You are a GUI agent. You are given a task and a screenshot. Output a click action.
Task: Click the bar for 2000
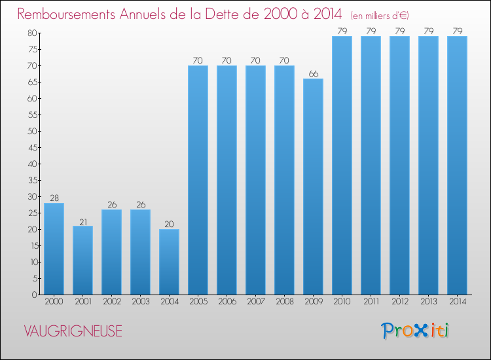coord(54,249)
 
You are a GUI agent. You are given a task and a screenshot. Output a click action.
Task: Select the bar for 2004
coord(169,262)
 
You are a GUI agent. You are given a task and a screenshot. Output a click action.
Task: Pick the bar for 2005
coord(198,180)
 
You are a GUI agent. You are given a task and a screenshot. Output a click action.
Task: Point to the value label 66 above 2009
coord(313,73)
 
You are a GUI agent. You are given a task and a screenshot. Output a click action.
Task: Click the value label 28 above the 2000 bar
coord(54,198)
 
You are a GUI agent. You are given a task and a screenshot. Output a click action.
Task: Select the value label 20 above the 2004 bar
coord(169,224)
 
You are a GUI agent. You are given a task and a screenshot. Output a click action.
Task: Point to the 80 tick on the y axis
coord(31,33)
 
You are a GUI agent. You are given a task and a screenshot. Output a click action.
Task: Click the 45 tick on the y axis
coord(31,147)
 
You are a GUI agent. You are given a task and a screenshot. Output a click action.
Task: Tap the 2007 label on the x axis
coord(255,302)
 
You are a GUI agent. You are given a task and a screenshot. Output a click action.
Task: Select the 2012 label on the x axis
coord(399,302)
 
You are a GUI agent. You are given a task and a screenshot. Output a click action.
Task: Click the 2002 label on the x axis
coord(111,302)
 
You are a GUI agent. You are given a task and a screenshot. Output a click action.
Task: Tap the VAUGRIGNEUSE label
coord(73,331)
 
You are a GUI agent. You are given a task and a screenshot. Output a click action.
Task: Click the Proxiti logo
coord(416,331)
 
